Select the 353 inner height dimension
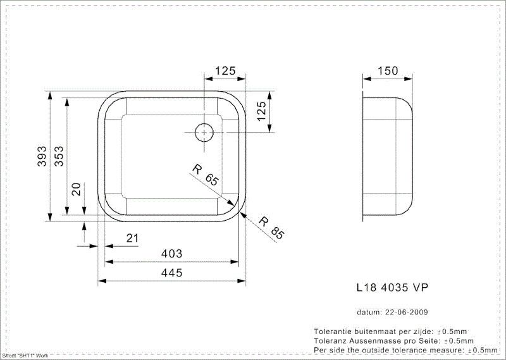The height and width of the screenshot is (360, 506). [x=58, y=156]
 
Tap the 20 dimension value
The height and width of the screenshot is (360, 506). [x=76, y=189]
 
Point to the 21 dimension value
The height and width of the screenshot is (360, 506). [x=132, y=238]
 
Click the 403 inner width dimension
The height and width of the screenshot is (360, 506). [x=171, y=254]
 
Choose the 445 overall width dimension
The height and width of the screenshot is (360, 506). [x=171, y=273]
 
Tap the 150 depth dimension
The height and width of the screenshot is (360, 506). [x=388, y=71]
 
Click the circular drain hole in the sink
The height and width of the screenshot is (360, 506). [x=204, y=133]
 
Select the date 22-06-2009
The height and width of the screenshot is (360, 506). [x=406, y=312]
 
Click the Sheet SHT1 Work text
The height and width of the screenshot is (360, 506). [x=25, y=356]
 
